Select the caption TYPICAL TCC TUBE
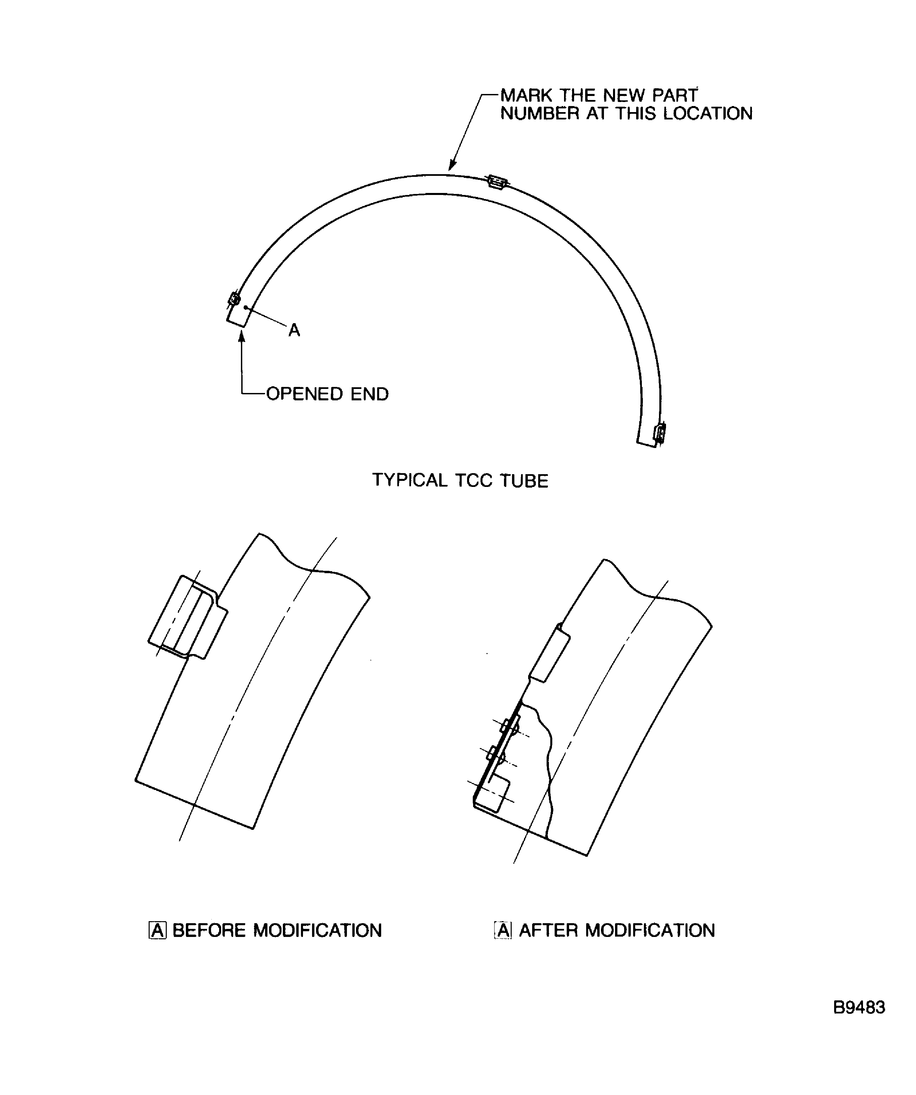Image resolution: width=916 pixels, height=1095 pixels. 460,480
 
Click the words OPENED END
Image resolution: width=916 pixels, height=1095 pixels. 327,394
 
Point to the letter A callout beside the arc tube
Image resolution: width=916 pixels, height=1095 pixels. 294,330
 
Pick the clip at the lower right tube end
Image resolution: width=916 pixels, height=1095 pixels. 660,433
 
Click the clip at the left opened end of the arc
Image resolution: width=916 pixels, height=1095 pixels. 234,299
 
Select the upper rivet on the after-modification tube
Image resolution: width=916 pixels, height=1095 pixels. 510,726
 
